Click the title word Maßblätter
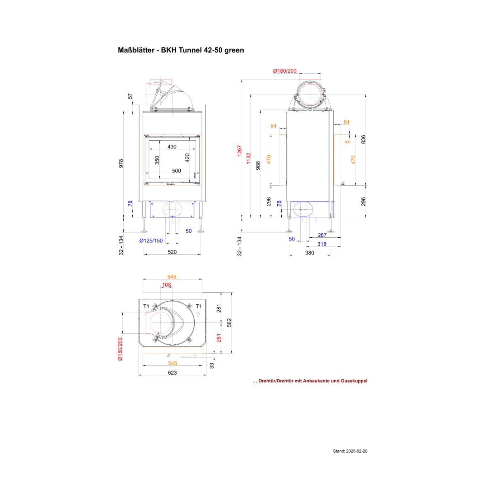point(136,50)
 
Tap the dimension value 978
point(121,164)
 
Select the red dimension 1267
point(239,151)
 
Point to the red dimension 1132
point(249,158)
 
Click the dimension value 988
point(258,166)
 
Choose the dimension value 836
point(363,139)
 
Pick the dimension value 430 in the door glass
point(172,147)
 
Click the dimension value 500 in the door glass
point(177,171)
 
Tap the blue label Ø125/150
point(151,240)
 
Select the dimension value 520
point(172,252)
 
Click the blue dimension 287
point(322,235)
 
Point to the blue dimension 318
point(322,244)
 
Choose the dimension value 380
point(310,253)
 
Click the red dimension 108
point(167,285)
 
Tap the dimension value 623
point(173,373)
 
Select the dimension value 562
point(229,323)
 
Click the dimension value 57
point(130,96)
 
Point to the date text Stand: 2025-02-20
point(350,451)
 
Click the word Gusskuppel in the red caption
point(354,381)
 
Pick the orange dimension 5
point(347,142)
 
